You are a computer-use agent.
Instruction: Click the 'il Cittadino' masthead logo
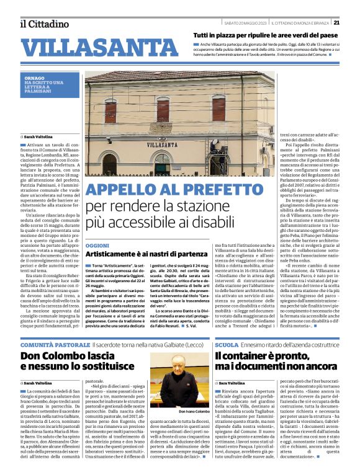[x=43, y=24]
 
